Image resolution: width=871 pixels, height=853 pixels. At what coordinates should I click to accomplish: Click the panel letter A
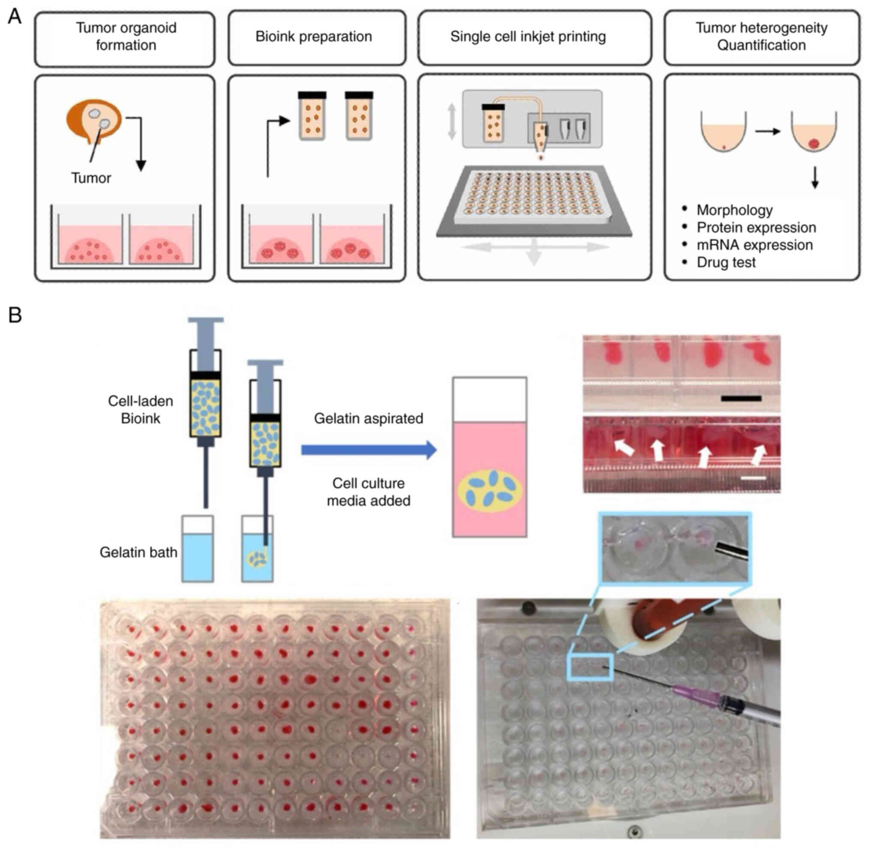coord(14,17)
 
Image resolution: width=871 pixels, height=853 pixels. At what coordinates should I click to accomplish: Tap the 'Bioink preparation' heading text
coord(313,37)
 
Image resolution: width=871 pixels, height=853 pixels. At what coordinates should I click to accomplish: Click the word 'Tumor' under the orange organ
coord(91,178)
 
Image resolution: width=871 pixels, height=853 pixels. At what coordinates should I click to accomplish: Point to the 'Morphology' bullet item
coord(734,210)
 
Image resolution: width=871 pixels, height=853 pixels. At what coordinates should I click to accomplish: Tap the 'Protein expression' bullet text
coord(756,228)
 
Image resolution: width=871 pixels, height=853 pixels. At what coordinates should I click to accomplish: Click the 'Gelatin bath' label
coord(138,552)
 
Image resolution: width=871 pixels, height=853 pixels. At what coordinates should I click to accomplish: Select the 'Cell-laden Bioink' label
coord(140,410)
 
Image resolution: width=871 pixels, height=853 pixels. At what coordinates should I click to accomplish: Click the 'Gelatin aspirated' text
coord(368,419)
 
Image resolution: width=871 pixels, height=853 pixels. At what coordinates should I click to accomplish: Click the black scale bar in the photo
coord(741,398)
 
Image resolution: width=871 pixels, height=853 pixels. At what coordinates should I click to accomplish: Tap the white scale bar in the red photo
coord(753,478)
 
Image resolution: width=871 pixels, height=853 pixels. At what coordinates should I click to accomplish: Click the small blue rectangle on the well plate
coord(589,667)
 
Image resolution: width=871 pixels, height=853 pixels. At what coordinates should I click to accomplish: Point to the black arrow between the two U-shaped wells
coord(768,131)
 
